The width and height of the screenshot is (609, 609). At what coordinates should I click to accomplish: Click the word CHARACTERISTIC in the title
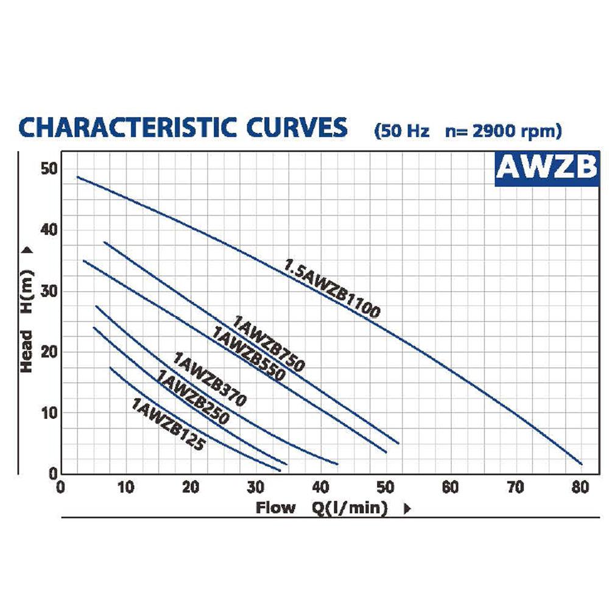point(127,127)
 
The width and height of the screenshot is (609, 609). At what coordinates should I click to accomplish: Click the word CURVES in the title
point(297,127)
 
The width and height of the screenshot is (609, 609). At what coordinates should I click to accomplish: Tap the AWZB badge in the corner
point(547,169)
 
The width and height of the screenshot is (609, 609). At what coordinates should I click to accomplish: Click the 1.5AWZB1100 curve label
point(333,288)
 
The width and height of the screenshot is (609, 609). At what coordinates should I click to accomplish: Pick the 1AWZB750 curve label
point(269,343)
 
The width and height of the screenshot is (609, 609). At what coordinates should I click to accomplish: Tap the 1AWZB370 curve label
point(209,379)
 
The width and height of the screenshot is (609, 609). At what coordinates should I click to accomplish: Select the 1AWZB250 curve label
point(193,396)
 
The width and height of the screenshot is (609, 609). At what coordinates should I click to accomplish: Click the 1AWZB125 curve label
point(168,424)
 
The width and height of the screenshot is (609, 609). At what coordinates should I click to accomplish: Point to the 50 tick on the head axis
point(49,169)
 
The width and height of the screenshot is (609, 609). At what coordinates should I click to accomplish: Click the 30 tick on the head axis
point(49,291)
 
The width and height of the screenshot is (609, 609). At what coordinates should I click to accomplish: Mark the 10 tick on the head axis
point(49,414)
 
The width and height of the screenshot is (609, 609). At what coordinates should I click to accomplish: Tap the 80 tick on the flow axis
point(580,487)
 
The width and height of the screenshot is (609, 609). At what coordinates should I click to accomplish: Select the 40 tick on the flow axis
point(320,487)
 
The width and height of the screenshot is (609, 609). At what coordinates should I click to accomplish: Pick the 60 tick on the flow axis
point(451,487)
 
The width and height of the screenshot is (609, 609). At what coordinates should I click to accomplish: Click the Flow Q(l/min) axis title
point(322,508)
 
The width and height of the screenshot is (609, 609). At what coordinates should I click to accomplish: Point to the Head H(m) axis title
point(26,321)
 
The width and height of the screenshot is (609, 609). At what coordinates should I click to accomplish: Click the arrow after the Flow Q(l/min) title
point(407,509)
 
